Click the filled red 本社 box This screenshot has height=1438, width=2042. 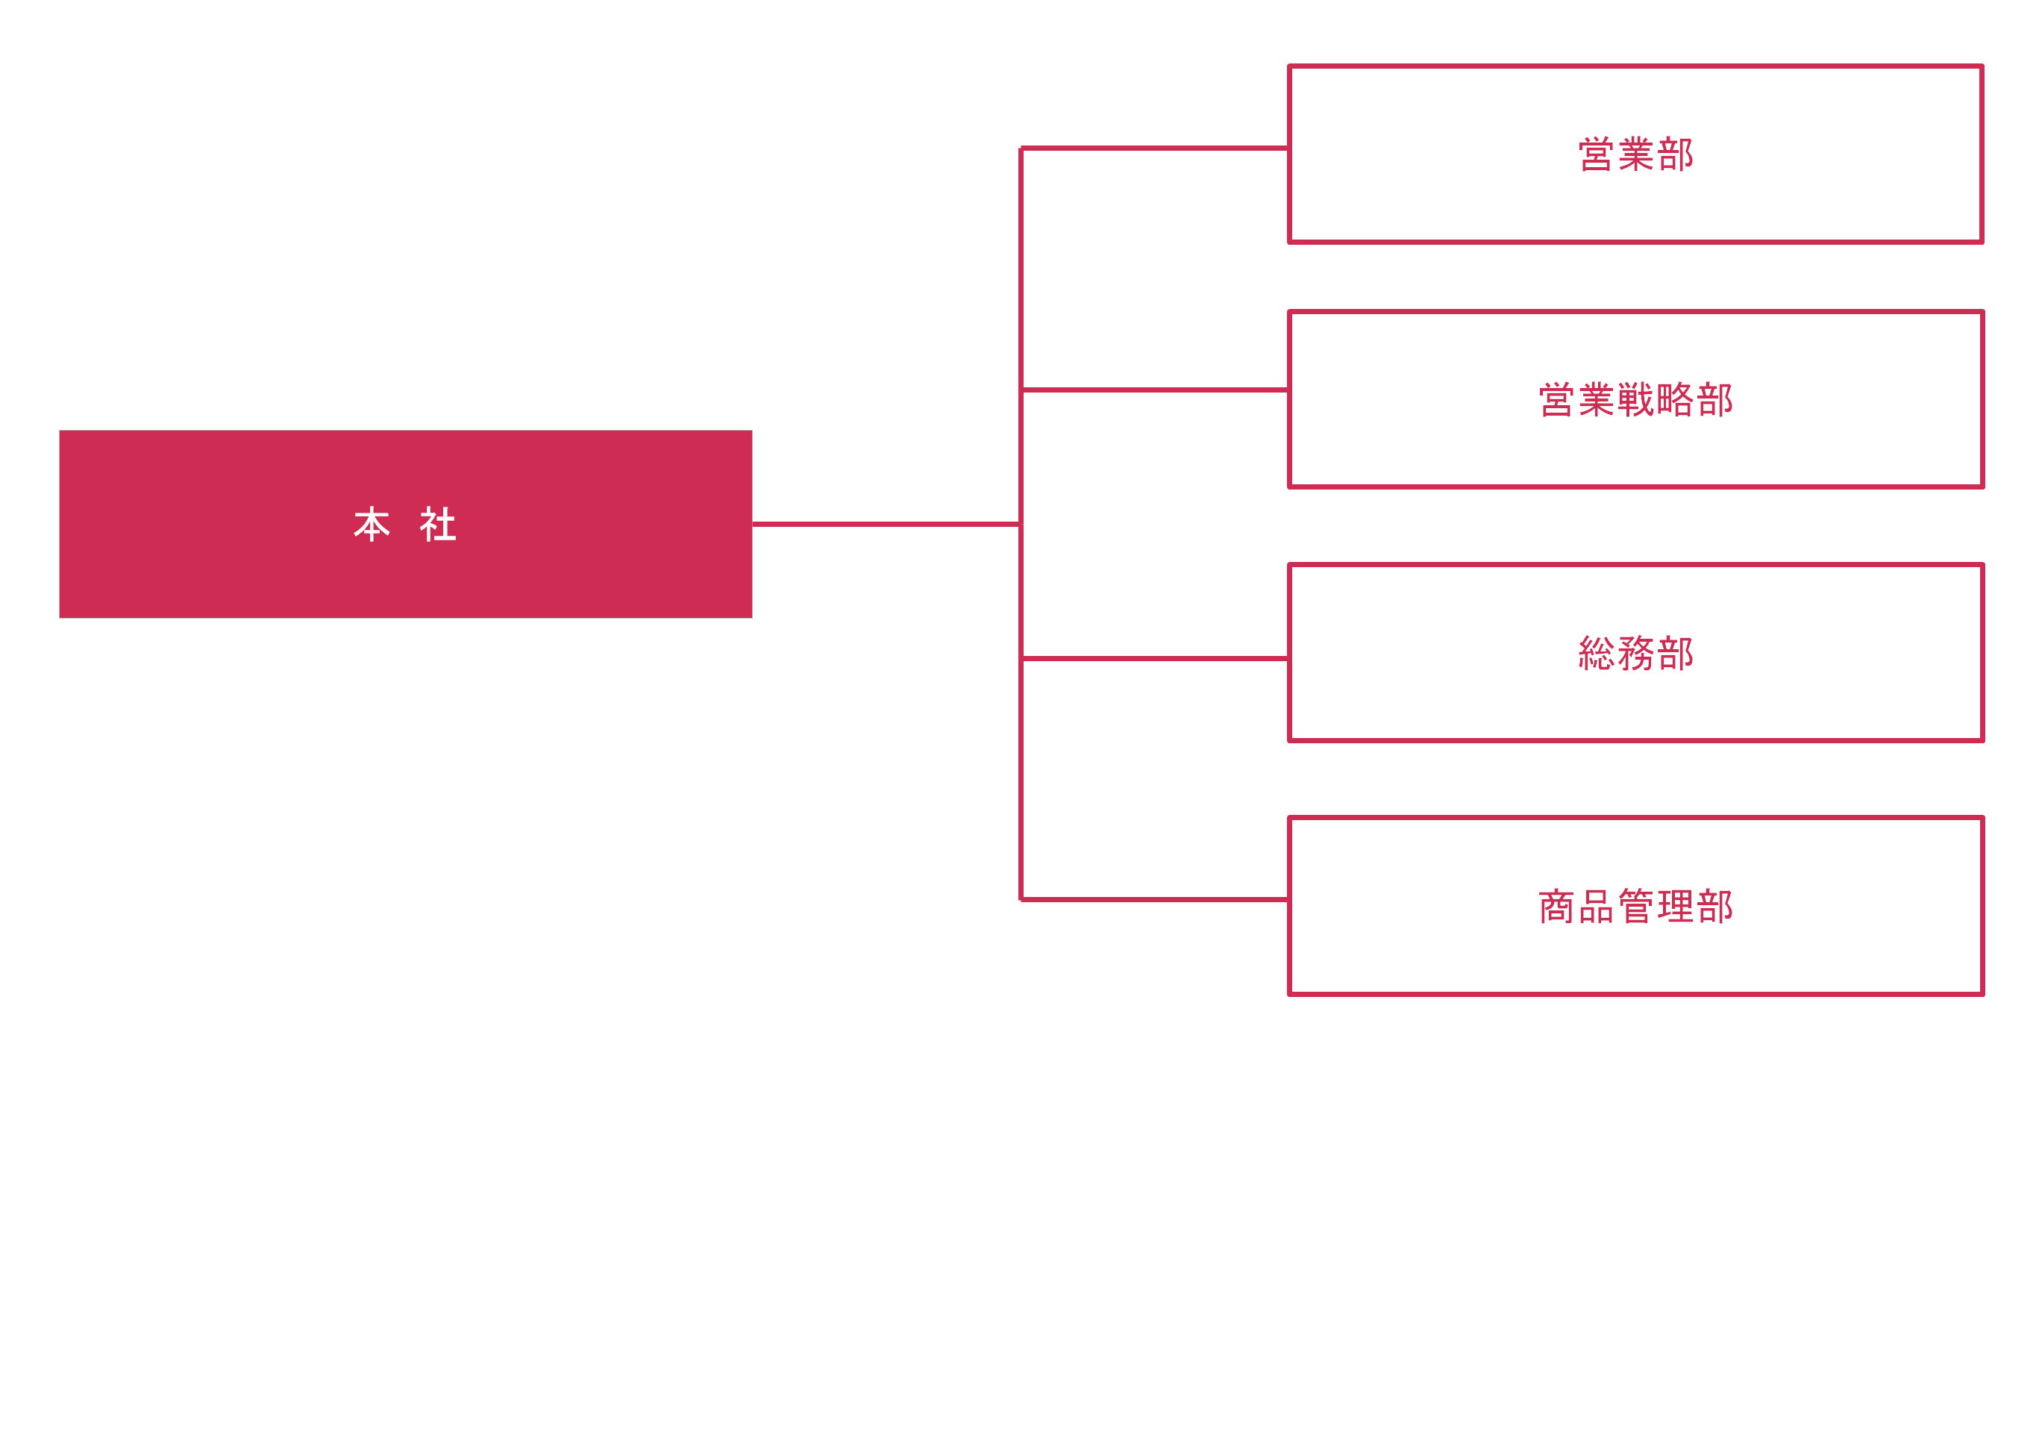pos(406,524)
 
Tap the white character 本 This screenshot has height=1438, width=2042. pos(372,525)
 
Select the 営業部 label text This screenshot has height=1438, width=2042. pos(1635,154)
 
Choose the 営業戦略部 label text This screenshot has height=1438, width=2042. pos(1635,399)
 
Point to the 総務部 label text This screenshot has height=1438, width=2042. pos(1635,653)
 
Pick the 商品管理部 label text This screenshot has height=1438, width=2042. pos(1635,906)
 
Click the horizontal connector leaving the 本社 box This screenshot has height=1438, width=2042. pos(886,524)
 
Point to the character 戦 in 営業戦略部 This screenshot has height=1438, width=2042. pos(1635,399)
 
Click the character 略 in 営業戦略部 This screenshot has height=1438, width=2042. pos(1675,399)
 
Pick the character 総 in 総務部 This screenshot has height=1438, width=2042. pos(1597,653)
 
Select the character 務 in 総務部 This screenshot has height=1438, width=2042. pos(1635,653)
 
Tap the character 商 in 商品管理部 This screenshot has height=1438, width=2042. pos(1557,906)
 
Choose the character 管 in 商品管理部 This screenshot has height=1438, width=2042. pos(1635,906)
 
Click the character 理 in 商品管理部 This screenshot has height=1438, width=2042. pos(1675,906)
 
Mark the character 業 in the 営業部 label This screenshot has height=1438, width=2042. pos(1635,154)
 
